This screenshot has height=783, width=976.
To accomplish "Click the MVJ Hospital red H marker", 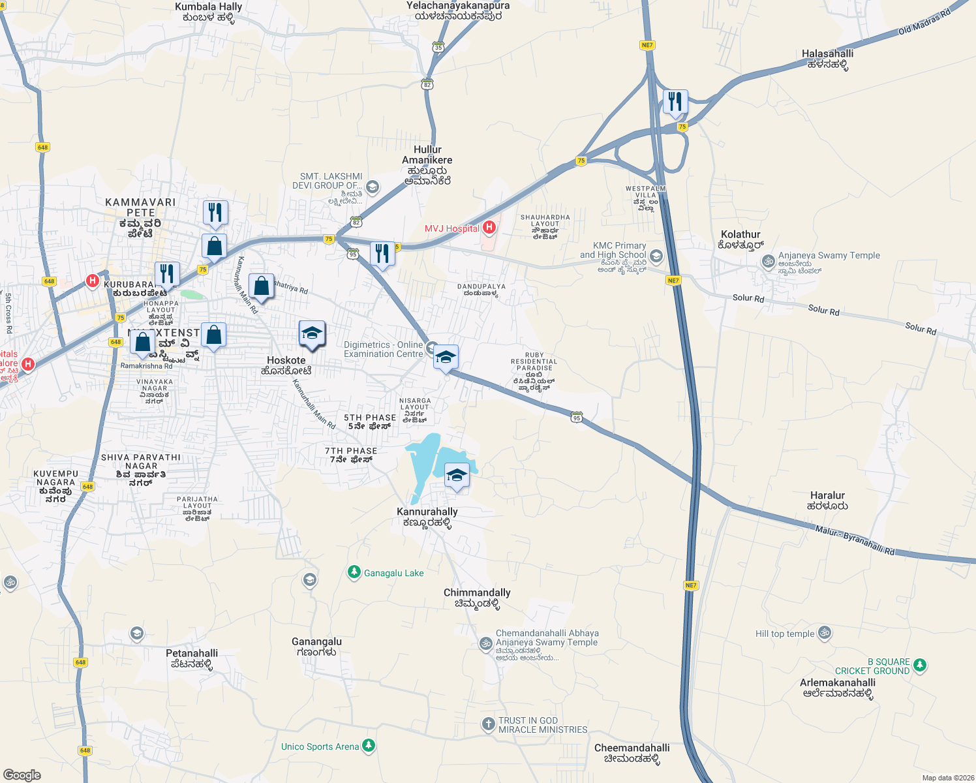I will click(489, 228).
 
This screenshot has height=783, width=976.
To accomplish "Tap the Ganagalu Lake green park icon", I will click(354, 572).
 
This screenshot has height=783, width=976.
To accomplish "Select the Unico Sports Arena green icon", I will click(369, 745).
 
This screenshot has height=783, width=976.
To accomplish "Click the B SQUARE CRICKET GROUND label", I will click(872, 666).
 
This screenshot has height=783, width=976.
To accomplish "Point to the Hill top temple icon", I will click(825, 633).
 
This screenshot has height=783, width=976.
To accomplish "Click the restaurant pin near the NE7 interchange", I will click(675, 102).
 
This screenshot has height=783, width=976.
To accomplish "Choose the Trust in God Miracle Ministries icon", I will click(488, 724).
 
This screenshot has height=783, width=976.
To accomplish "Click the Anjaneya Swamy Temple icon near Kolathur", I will click(769, 262).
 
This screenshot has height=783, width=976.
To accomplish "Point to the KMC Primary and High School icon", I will click(656, 256).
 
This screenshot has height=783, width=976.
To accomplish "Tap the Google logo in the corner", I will click(22, 775).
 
